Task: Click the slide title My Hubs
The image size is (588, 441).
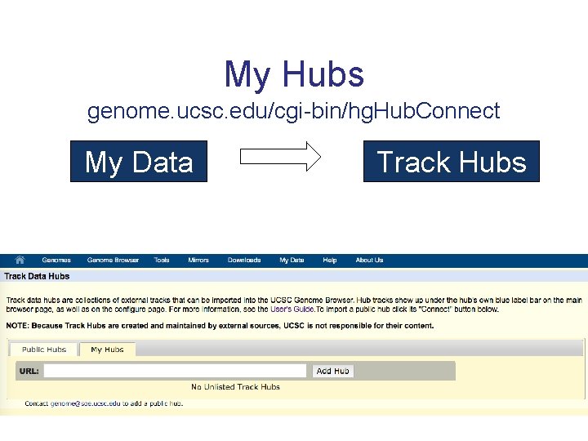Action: [x=294, y=74]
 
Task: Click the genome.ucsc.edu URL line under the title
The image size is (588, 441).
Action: [x=294, y=111]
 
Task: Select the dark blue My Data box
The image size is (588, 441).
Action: [x=139, y=162]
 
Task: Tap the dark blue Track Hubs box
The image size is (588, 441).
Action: [x=452, y=162]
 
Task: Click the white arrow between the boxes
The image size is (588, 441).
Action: [x=281, y=158]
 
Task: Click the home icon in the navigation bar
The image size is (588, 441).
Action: [x=19, y=260]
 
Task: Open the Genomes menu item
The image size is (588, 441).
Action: [x=56, y=261]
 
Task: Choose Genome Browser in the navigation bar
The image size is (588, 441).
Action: [x=114, y=261]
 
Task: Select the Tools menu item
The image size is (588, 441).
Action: [x=162, y=261]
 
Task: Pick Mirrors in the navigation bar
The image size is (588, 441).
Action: [x=198, y=261]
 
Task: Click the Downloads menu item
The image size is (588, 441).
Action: [x=244, y=261]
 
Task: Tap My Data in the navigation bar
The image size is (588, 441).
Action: [x=292, y=261]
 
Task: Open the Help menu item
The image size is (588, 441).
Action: [x=330, y=261]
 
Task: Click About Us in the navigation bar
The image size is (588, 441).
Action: [x=369, y=261]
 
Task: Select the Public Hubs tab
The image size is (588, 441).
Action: [x=44, y=350]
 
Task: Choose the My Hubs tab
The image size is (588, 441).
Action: [x=107, y=350]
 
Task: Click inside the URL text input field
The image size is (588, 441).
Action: [x=176, y=371]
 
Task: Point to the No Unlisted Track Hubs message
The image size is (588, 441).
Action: [x=235, y=387]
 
